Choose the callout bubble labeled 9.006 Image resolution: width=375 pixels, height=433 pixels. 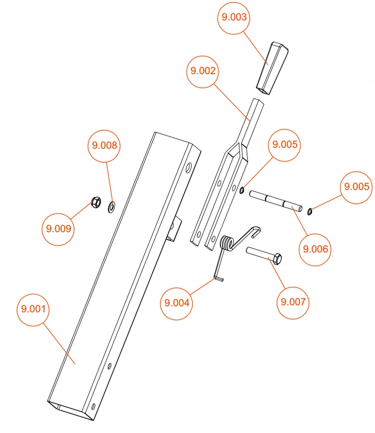(315, 250)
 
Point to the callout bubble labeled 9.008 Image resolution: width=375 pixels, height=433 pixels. (104, 146)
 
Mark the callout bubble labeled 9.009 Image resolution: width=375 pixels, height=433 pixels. (58, 229)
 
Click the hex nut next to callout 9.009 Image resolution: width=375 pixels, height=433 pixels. (96, 202)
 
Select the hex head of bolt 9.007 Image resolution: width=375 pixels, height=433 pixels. (278, 259)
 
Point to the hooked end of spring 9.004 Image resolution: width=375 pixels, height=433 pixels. (255, 231)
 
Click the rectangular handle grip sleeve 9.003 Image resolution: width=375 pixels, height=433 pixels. (272, 68)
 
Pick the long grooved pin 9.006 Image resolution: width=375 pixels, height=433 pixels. (276, 201)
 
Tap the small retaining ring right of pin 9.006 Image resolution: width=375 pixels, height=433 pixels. (309, 212)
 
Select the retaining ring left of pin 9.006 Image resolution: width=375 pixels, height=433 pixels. (242, 190)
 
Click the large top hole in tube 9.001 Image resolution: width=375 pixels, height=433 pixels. (188, 167)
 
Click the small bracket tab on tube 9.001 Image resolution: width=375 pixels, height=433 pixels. (174, 228)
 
